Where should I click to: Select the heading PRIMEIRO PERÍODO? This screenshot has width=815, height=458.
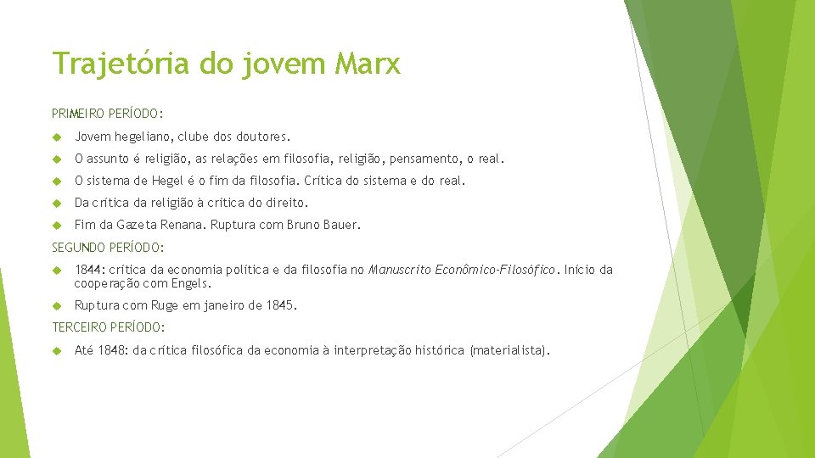(108, 113)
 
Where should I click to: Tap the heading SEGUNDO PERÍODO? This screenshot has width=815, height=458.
(107, 248)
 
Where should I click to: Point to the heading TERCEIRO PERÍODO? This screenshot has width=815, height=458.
(109, 327)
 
